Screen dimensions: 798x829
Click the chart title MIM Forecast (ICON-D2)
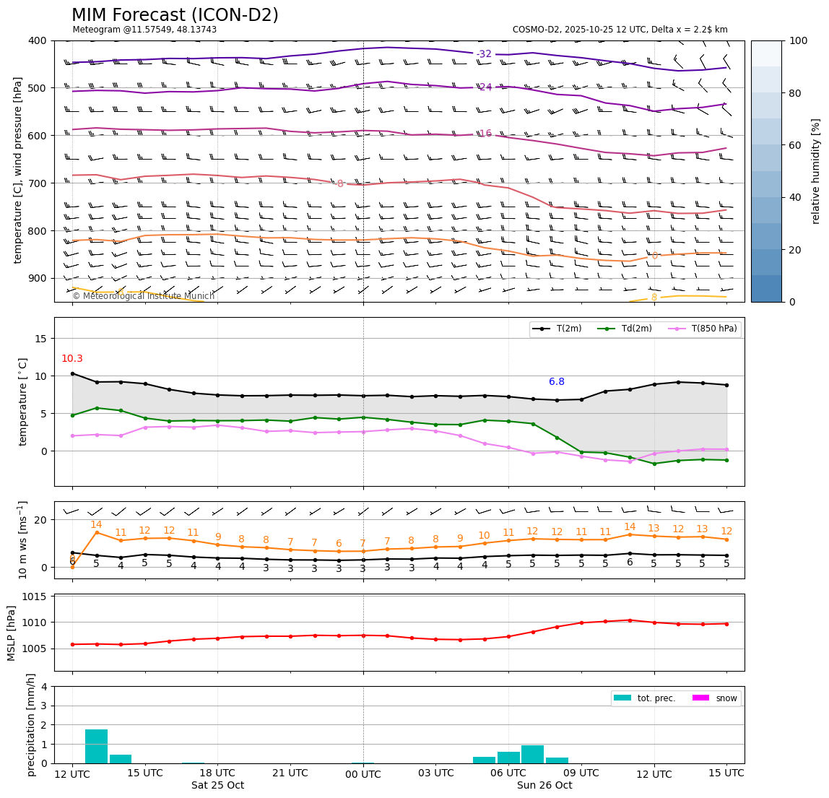click(x=175, y=15)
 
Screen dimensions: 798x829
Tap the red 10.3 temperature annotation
click(x=71, y=359)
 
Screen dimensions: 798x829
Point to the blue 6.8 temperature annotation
click(x=556, y=382)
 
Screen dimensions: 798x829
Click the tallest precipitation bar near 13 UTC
click(x=96, y=746)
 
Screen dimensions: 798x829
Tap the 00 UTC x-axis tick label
click(x=363, y=773)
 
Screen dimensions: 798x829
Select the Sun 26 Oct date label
click(x=544, y=786)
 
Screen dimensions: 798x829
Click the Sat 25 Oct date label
click(x=217, y=786)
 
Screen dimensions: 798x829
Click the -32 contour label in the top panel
click(x=484, y=54)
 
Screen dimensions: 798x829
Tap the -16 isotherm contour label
click(x=484, y=134)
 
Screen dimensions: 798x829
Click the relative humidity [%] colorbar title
click(x=816, y=171)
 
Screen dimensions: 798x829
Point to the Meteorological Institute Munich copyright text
click(x=143, y=296)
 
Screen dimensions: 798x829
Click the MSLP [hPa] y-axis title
click(x=12, y=633)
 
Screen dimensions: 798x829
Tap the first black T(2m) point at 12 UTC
click(x=72, y=373)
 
